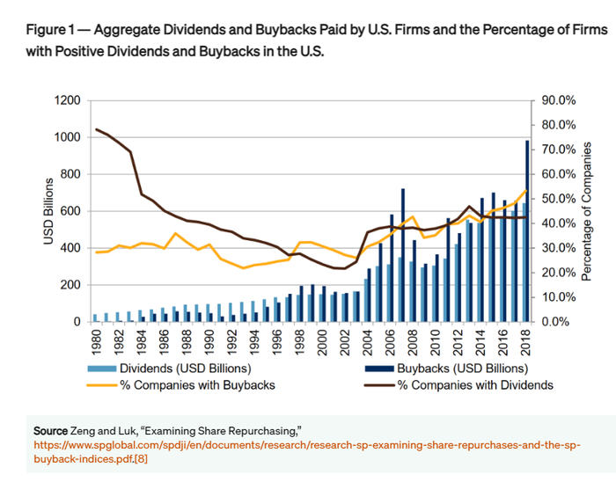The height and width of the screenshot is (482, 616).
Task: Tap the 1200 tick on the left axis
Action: (67, 100)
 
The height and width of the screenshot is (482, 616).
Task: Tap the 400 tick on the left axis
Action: (70, 248)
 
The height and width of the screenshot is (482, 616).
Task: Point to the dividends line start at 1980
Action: (96, 130)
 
